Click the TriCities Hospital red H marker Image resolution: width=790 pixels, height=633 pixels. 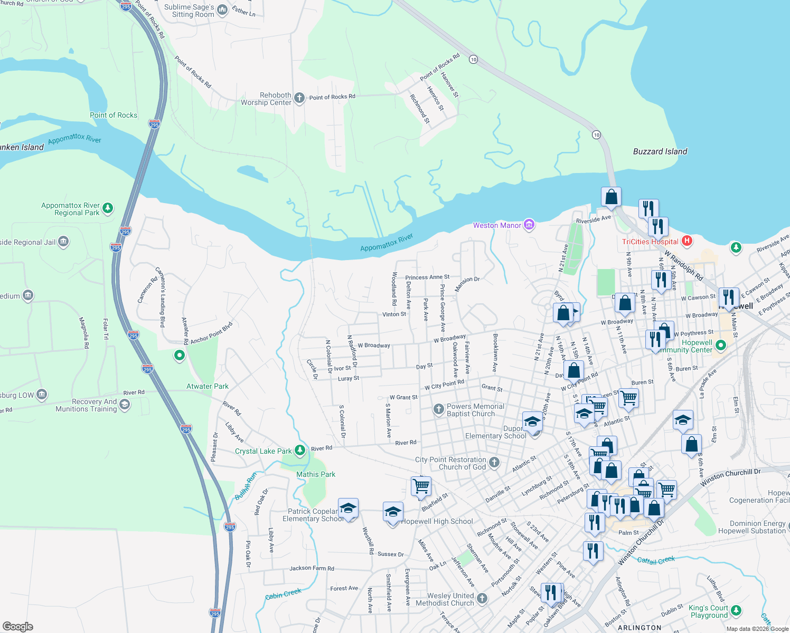click(686, 241)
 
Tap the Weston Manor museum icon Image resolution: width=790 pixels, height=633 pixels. click(529, 225)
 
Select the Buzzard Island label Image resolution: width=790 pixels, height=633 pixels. click(660, 151)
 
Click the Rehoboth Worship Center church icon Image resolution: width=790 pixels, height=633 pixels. click(299, 98)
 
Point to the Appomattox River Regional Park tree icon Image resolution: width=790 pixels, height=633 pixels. click(107, 208)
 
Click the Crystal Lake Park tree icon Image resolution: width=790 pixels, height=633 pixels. click(299, 450)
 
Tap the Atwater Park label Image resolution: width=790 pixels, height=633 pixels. click(207, 386)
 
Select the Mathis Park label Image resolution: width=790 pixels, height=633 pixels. click(315, 474)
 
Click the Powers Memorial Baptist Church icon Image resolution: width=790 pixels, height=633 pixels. click(438, 409)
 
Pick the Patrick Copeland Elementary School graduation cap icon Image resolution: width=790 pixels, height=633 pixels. click(348, 509)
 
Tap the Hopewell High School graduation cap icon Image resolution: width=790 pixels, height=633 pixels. click(392, 512)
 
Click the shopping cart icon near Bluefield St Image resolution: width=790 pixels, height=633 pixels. click(421, 486)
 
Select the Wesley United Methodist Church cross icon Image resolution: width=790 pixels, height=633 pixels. click(482, 598)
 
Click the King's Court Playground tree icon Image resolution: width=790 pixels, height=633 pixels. click(736, 611)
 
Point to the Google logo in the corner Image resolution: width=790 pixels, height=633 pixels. click(17, 626)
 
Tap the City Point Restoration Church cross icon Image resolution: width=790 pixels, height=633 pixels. click(494, 463)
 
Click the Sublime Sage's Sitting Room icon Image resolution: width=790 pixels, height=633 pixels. click(222, 10)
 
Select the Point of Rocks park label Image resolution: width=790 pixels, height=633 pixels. click(113, 115)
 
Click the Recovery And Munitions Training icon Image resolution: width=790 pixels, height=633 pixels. click(124, 405)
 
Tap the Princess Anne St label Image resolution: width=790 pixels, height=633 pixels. click(427, 277)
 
